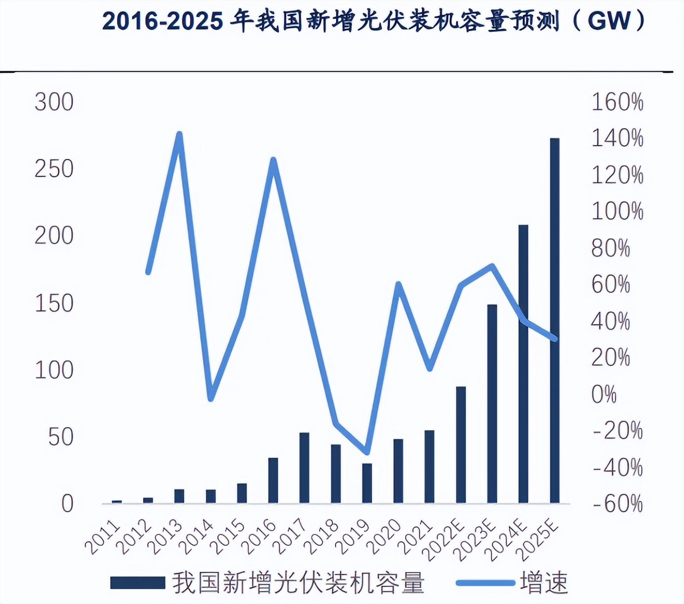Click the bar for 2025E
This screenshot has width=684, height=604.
click(x=555, y=321)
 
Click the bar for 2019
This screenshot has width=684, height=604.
click(x=367, y=483)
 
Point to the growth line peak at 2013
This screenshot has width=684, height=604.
click(x=180, y=134)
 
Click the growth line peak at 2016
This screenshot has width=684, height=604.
click(x=273, y=160)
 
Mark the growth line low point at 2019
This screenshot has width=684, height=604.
click(x=366, y=452)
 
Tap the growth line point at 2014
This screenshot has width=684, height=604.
click(x=211, y=398)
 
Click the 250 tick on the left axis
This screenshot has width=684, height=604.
click(x=54, y=169)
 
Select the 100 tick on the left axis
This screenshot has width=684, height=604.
click(x=54, y=370)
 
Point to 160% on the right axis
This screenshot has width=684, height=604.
click(x=617, y=102)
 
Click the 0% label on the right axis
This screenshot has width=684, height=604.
click(x=603, y=394)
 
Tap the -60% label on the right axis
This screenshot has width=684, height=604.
click(x=617, y=504)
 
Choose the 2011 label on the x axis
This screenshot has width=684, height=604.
click(x=103, y=538)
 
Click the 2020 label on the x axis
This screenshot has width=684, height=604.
click(x=385, y=538)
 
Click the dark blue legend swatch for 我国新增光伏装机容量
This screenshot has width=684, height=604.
click(x=137, y=583)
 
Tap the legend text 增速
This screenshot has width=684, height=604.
click(x=544, y=583)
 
